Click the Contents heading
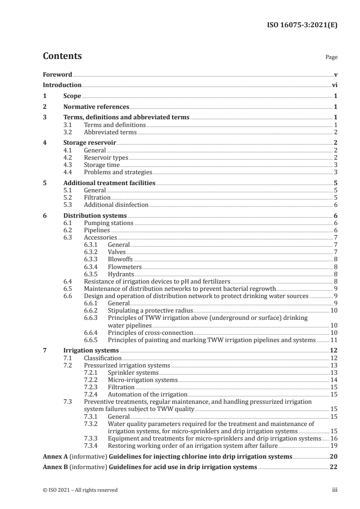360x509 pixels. tap(62, 56)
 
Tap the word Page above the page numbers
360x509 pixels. tap(331, 58)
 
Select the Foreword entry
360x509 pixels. tap(57, 74)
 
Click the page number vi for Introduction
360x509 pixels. tap(334, 85)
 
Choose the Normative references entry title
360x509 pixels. tap(96, 107)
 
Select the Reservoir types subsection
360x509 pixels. tap(106, 157)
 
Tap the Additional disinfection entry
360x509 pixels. tap(116, 205)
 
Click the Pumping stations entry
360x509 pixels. tap(108, 223)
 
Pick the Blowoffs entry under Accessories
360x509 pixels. tap(120, 259)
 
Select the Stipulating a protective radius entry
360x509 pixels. tap(150, 310)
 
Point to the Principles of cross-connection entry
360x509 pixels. tap(148, 332)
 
